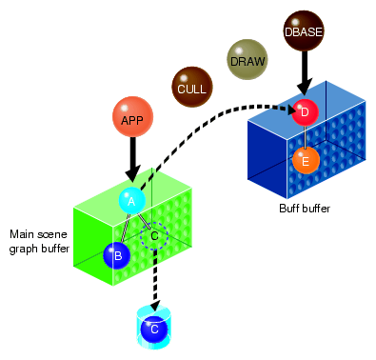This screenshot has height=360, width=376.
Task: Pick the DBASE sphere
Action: click(x=304, y=30)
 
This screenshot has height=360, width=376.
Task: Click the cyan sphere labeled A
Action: click(x=131, y=200)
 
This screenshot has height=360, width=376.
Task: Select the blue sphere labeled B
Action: click(x=117, y=254)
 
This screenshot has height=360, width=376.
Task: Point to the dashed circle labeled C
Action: click(x=153, y=235)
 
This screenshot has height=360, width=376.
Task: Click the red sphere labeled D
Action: click(x=305, y=112)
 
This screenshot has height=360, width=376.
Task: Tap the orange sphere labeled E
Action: click(x=305, y=161)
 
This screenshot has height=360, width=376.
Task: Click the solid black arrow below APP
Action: click(x=131, y=158)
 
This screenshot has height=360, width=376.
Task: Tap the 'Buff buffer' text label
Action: click(x=304, y=207)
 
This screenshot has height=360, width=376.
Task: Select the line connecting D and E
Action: click(x=305, y=136)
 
